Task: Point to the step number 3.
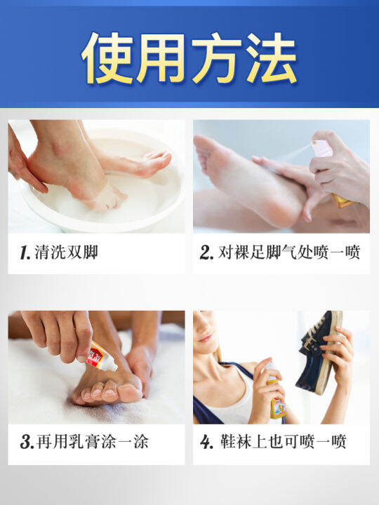click(26, 443)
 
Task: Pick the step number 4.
click(206, 443)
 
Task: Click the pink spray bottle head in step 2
click(322, 148)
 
